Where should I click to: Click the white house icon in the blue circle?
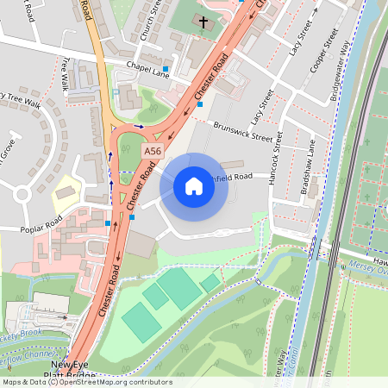click(x=194, y=186)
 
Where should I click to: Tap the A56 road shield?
click(x=153, y=150)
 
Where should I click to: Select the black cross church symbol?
click(x=203, y=22)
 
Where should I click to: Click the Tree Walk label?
click(x=66, y=74)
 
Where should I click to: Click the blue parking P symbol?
click(x=116, y=91)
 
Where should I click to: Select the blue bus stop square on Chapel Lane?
click(x=166, y=68)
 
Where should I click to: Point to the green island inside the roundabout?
click(x=130, y=148)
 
